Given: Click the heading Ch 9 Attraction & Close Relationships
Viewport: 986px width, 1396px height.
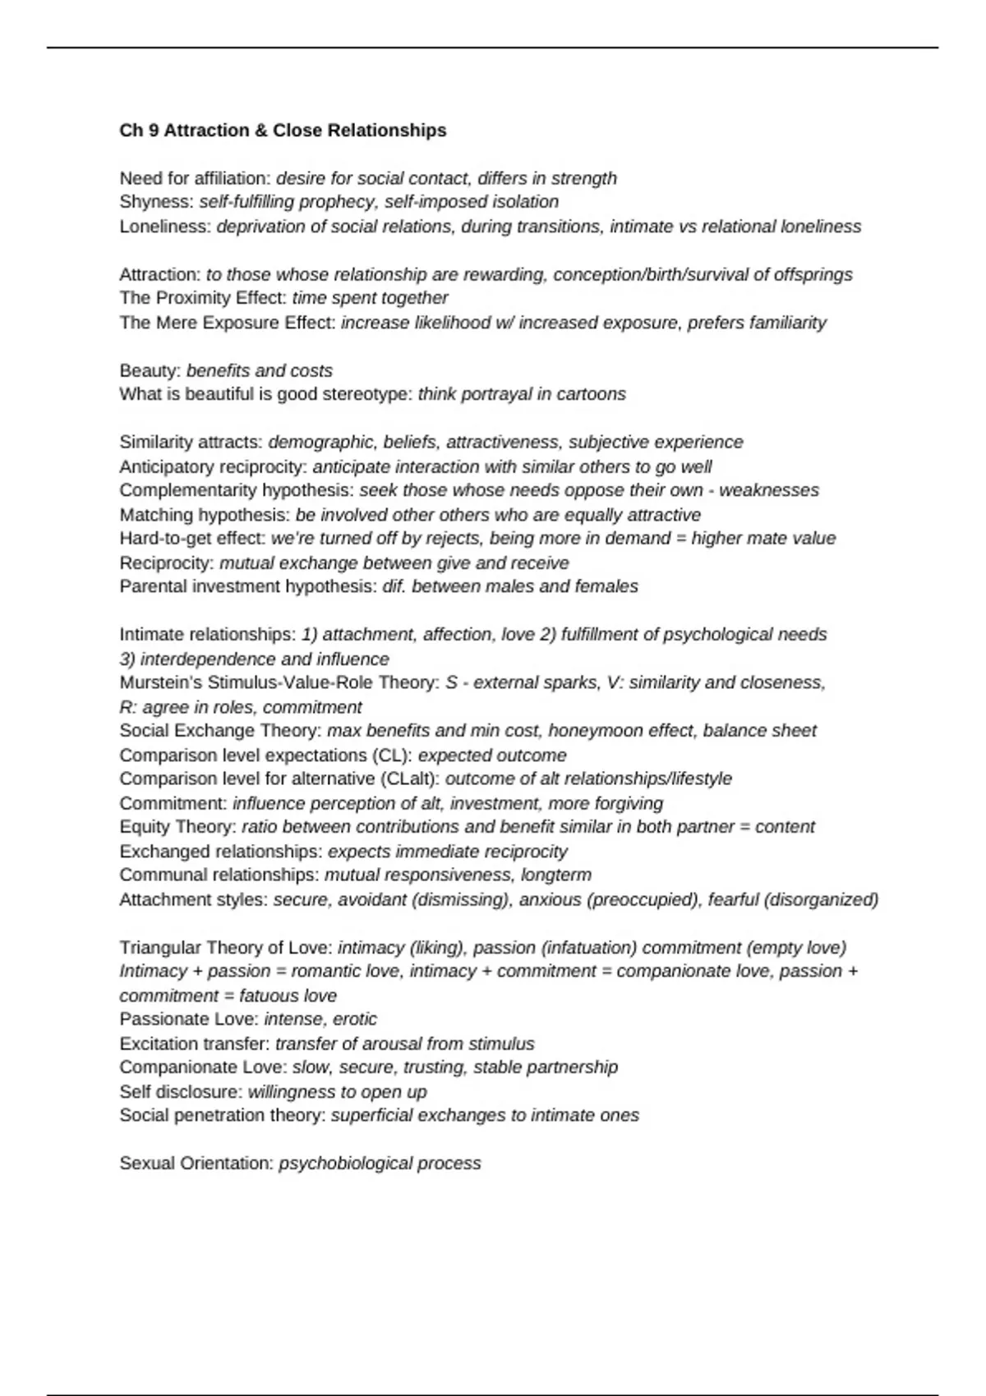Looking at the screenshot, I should pyautogui.click(x=283, y=131).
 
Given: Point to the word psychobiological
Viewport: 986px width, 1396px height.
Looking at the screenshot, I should pyautogui.click(x=345, y=1164).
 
